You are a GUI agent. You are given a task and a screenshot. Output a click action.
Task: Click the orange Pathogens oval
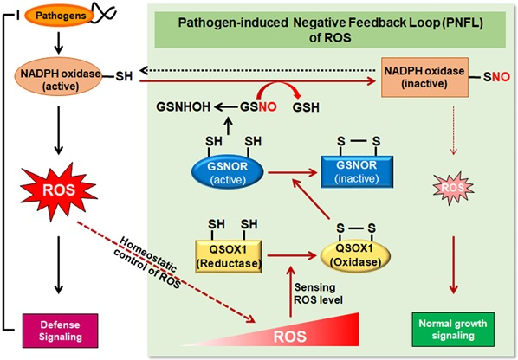coord(60,16)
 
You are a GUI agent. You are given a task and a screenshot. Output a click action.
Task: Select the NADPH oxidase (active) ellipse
coord(59,76)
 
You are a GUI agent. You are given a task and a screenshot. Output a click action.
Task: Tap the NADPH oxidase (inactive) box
coord(424,77)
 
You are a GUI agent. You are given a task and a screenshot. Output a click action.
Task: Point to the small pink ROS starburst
coord(453,188)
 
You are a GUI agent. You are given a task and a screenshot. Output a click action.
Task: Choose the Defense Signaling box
coord(60,331)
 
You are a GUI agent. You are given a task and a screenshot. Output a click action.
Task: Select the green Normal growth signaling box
coord(453,330)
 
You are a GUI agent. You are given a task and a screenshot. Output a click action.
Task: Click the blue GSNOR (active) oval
coord(228,172)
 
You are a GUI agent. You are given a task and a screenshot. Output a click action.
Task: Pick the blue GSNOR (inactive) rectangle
coord(357,171)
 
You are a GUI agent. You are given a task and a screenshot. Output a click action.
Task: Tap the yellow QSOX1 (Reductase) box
coord(229,256)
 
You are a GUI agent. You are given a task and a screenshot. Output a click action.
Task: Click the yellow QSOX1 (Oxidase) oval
coord(355,255)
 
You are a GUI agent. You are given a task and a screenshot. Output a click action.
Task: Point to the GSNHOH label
coord(183,107)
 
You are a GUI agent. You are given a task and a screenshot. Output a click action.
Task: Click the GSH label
coord(306,107)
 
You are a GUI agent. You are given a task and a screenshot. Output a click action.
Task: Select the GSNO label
coord(258,107)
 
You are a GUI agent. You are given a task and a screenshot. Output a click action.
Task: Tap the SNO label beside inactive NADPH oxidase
coord(496,77)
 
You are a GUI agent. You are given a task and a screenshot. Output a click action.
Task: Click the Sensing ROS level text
coord(318,293)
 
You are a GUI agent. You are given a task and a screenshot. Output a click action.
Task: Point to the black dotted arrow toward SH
coord(257,71)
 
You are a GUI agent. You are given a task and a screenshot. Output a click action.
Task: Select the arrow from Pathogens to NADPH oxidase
coord(59,43)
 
